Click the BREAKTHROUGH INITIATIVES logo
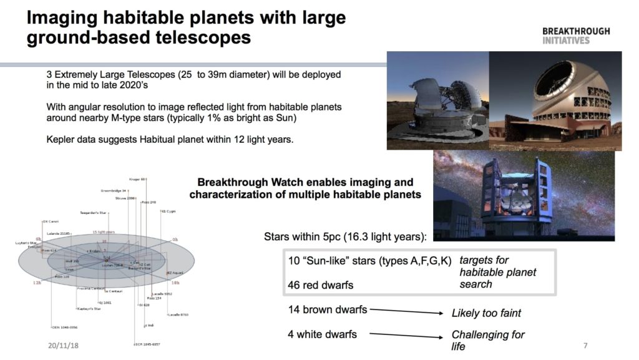coord(575,36)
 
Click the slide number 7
coord(585,346)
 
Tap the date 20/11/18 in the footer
coord(64,345)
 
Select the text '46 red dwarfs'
coord(320,285)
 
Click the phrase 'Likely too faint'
coord(485,313)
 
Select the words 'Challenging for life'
coord(487,340)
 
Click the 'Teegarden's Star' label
coord(94,212)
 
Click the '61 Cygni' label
coord(169,211)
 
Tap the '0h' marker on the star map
coord(175,240)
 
